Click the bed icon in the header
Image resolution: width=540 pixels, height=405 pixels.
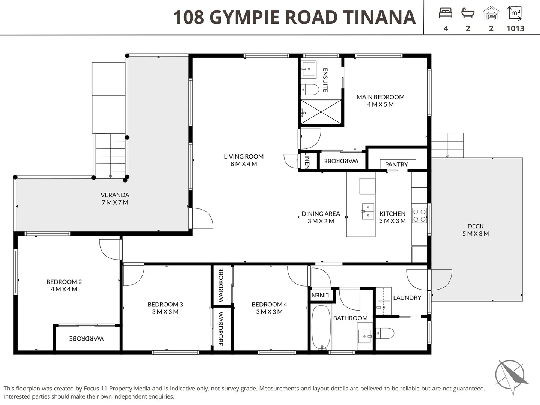(445, 13)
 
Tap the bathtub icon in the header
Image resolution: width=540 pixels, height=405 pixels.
(468, 13)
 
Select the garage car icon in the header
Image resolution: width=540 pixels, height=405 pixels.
(491, 13)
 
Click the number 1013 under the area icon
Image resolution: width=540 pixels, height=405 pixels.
(515, 28)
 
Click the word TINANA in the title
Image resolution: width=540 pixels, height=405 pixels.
(379, 17)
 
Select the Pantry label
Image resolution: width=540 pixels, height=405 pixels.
(396, 165)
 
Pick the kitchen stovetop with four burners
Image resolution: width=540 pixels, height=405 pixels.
(419, 216)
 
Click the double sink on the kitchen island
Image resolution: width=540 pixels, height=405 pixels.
(367, 211)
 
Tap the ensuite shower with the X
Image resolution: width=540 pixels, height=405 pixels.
(321, 112)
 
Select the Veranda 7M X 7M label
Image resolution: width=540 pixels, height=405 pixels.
(115, 199)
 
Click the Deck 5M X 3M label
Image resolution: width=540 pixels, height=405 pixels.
(475, 230)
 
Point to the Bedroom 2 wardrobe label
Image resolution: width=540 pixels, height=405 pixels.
(87, 339)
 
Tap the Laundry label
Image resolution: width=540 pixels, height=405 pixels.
(407, 298)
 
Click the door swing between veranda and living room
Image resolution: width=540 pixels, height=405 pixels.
(202, 219)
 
